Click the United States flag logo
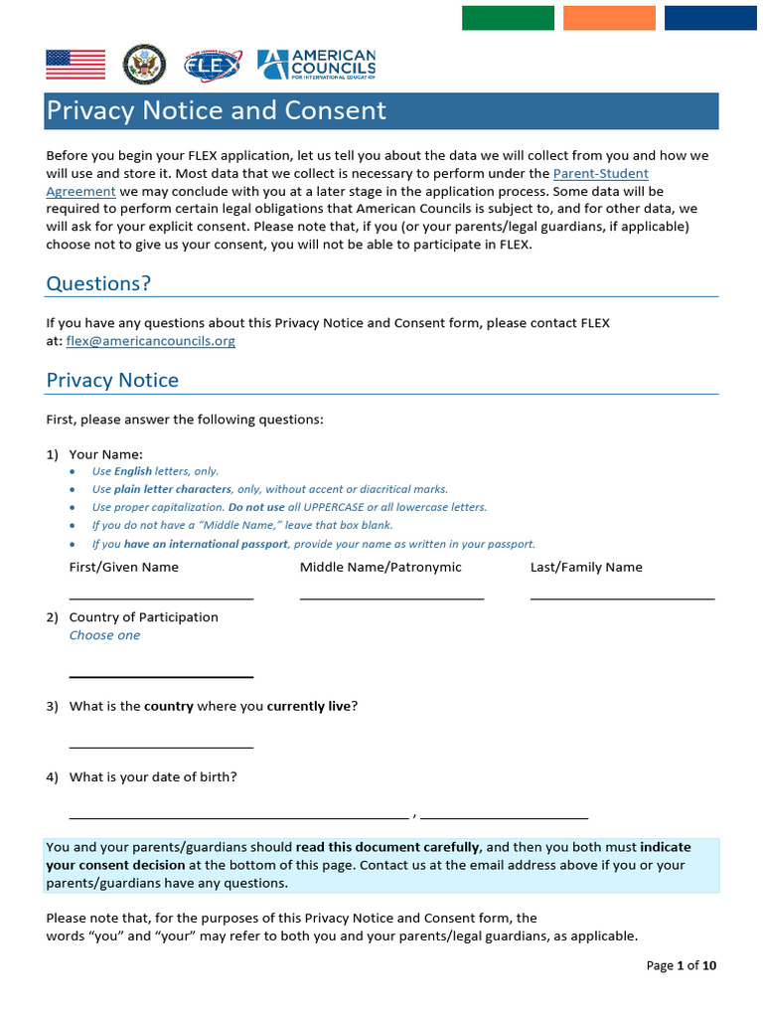[76, 65]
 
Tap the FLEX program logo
[212, 66]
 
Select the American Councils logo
[316, 65]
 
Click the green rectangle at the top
[508, 18]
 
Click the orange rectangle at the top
[609, 18]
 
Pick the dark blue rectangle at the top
[710, 18]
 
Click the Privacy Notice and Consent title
[217, 110]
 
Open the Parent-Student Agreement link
[600, 173]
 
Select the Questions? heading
[98, 283]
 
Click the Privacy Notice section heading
[112, 380]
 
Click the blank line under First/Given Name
[161, 596]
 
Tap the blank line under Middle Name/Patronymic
[391, 596]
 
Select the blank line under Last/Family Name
[622, 596]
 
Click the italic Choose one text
[104, 635]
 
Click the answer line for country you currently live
[161, 745]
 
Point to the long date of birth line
[238, 815]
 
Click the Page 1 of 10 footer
[681, 965]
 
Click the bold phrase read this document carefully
[387, 848]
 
